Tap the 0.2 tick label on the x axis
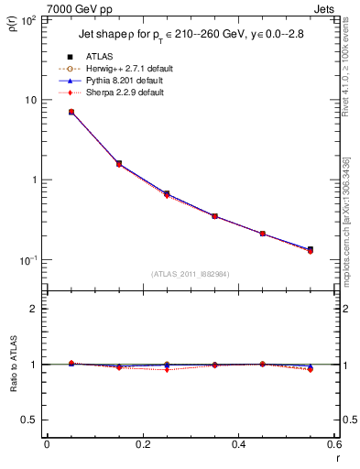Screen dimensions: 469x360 [x=142, y=445]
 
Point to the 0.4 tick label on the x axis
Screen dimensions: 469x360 [x=238, y=445]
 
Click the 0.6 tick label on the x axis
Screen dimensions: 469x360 [x=333, y=445]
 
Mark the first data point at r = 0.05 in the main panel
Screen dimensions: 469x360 [x=71, y=112]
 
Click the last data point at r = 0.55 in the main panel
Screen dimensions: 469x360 [x=310, y=249]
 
